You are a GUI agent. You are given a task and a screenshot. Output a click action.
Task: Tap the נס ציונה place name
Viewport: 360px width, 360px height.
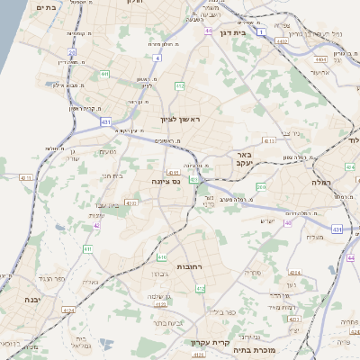165,181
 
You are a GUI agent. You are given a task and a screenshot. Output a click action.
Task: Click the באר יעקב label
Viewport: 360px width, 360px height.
247,160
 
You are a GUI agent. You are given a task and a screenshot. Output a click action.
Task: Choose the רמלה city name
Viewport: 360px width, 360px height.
323,180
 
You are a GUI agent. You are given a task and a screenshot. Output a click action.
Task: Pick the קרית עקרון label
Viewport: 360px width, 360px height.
211,342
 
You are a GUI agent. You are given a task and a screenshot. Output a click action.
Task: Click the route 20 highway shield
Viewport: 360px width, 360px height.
72,53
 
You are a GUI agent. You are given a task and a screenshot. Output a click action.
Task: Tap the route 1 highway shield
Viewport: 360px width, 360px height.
260,31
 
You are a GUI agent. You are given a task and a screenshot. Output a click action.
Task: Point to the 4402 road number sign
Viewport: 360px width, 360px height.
283,40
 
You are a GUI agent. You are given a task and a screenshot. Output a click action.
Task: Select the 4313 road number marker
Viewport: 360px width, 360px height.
269,141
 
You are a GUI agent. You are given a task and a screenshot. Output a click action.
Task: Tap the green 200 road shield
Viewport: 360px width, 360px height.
261,186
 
